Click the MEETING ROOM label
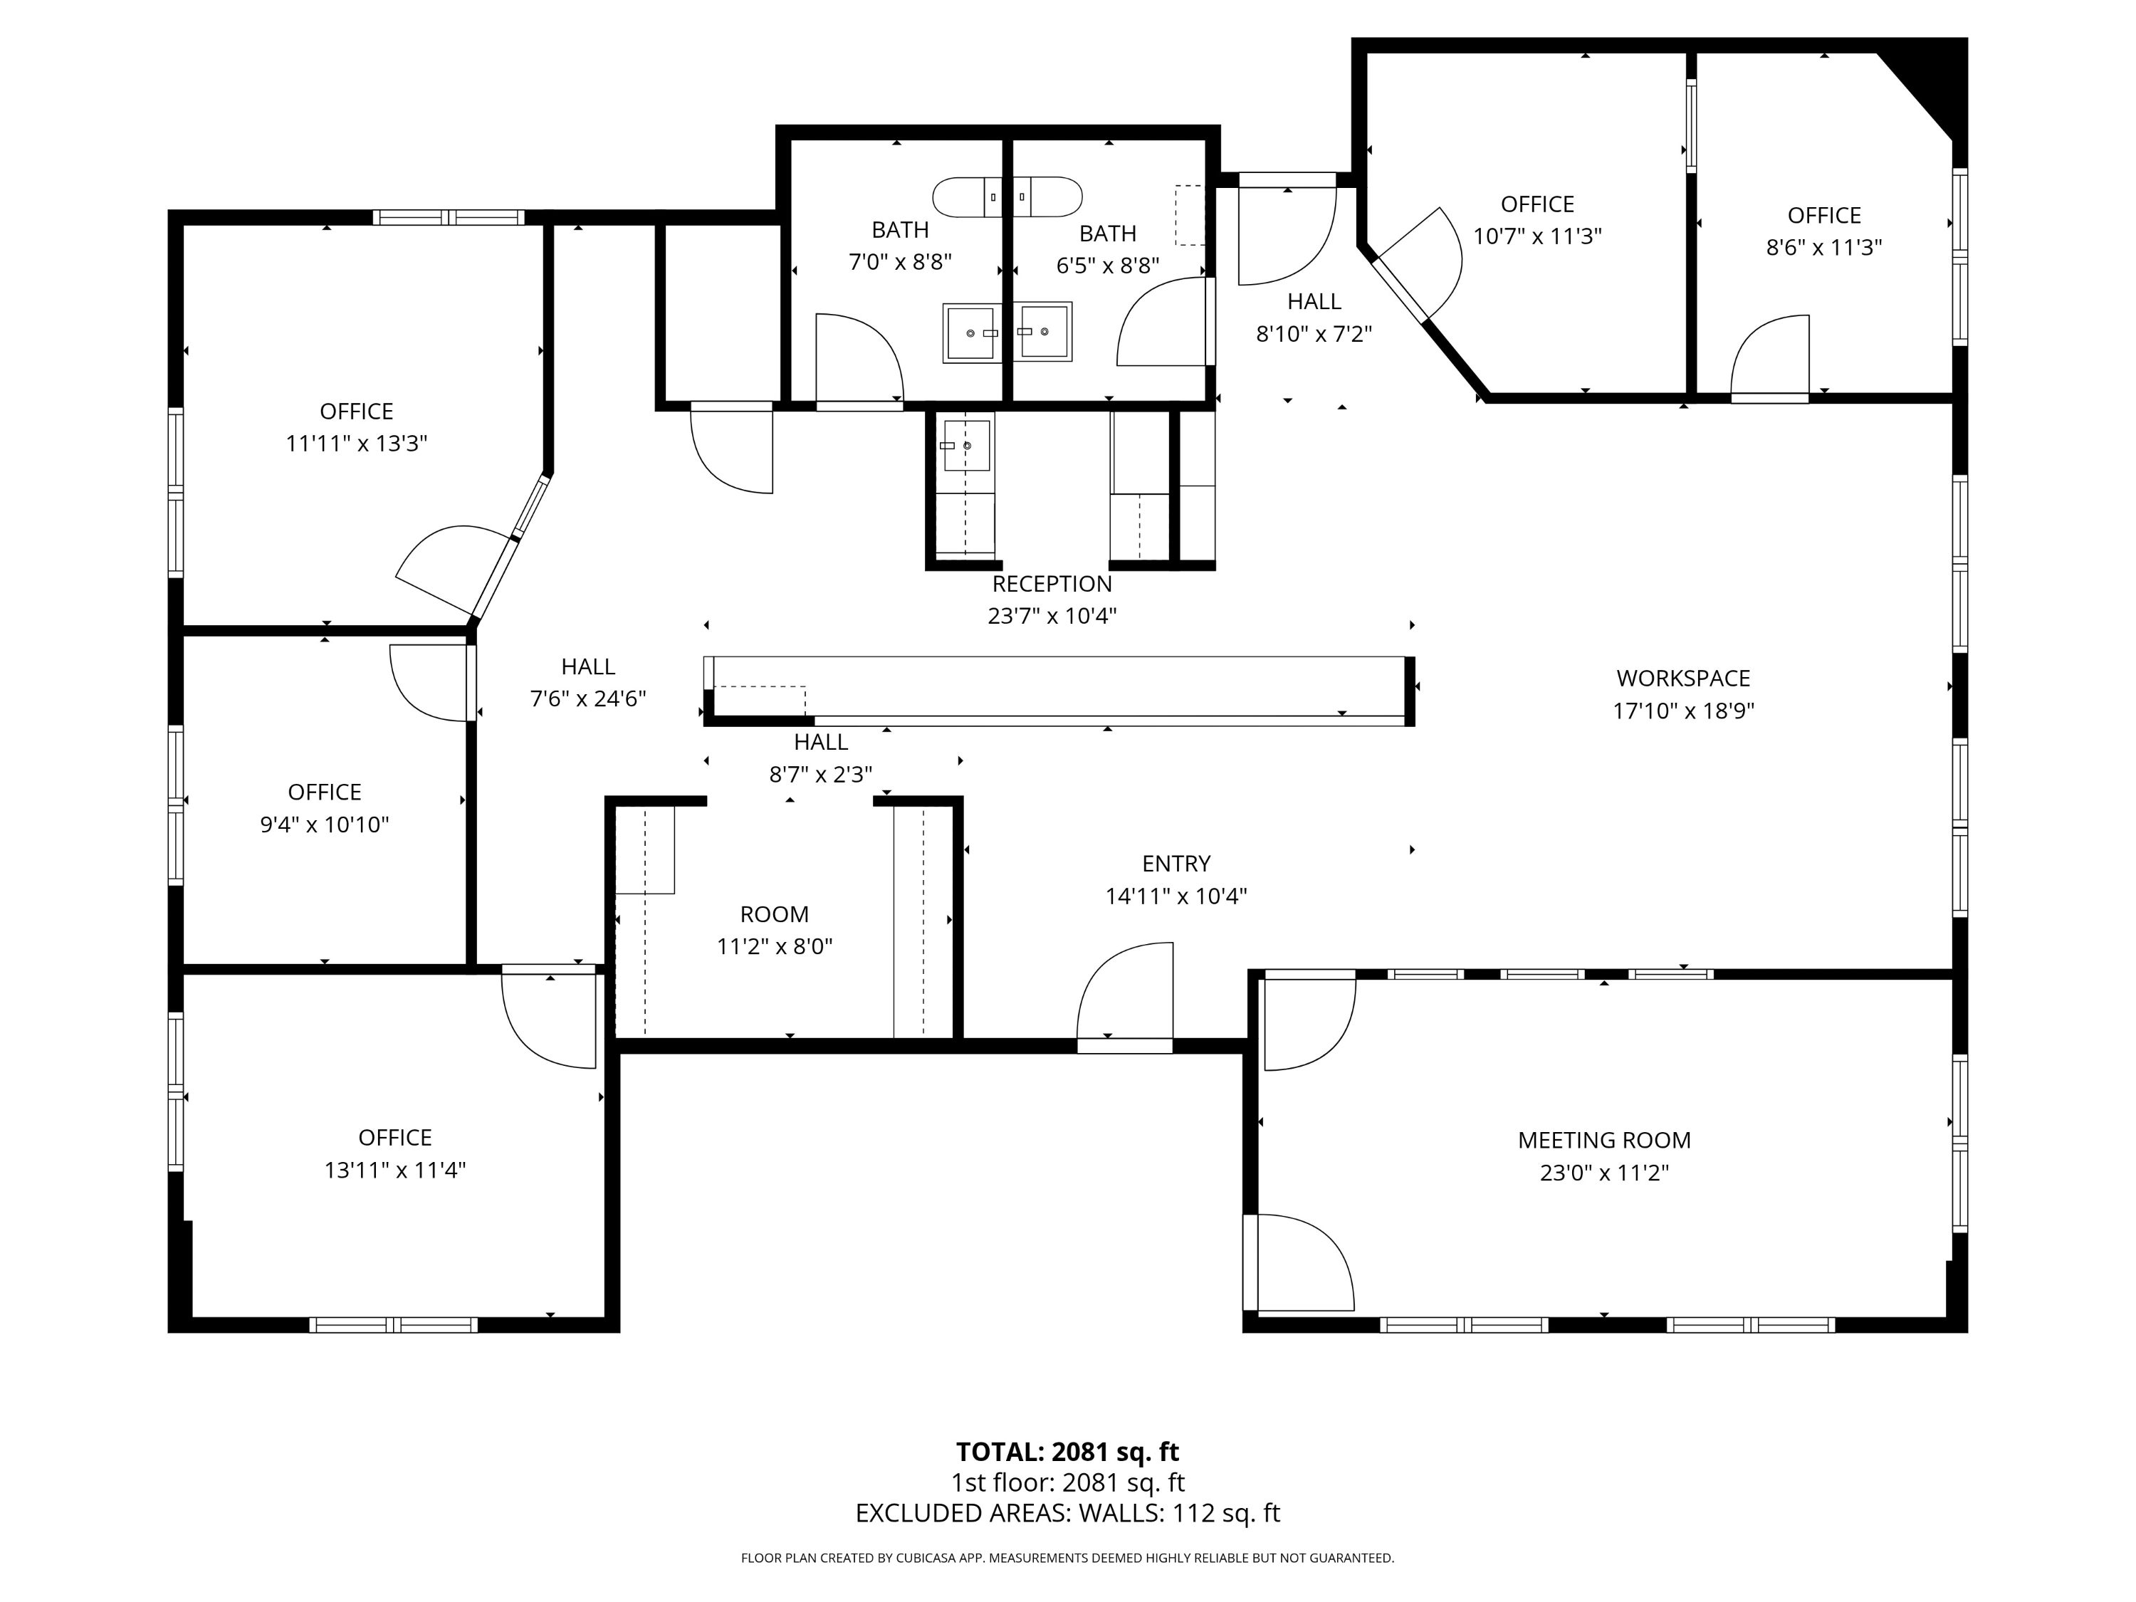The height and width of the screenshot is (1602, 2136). point(1604,1141)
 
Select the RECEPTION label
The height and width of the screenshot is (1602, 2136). point(1052,585)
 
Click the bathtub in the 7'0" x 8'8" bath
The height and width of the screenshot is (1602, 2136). point(967,197)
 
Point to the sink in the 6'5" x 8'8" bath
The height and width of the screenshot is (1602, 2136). point(1044,331)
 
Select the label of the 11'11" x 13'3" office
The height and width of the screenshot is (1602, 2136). point(356,412)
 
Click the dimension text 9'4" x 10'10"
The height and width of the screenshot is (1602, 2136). point(325,824)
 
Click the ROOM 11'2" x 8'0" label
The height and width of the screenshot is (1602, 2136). point(775,914)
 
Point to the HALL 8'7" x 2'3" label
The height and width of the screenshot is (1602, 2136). point(821,743)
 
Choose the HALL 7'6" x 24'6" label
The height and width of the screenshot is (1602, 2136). point(588,667)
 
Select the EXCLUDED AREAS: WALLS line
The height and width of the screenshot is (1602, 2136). point(1067,1513)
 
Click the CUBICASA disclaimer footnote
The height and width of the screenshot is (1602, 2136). point(1067,1558)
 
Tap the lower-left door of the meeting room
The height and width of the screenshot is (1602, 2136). point(1302,1262)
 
